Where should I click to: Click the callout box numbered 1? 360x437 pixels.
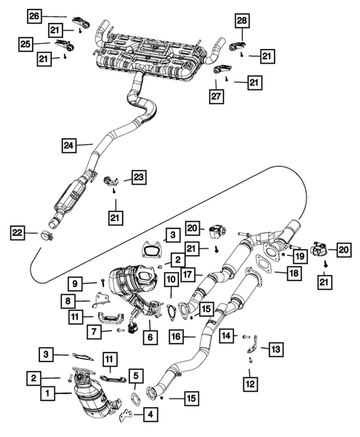pos(47,392)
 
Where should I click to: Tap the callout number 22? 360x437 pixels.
pos(18,233)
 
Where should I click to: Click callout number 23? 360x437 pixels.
pos(139,177)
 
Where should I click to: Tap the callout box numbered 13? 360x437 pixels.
pos(276,347)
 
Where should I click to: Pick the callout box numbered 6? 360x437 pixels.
pos(151,336)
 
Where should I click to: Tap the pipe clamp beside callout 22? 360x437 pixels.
pos(47,236)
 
